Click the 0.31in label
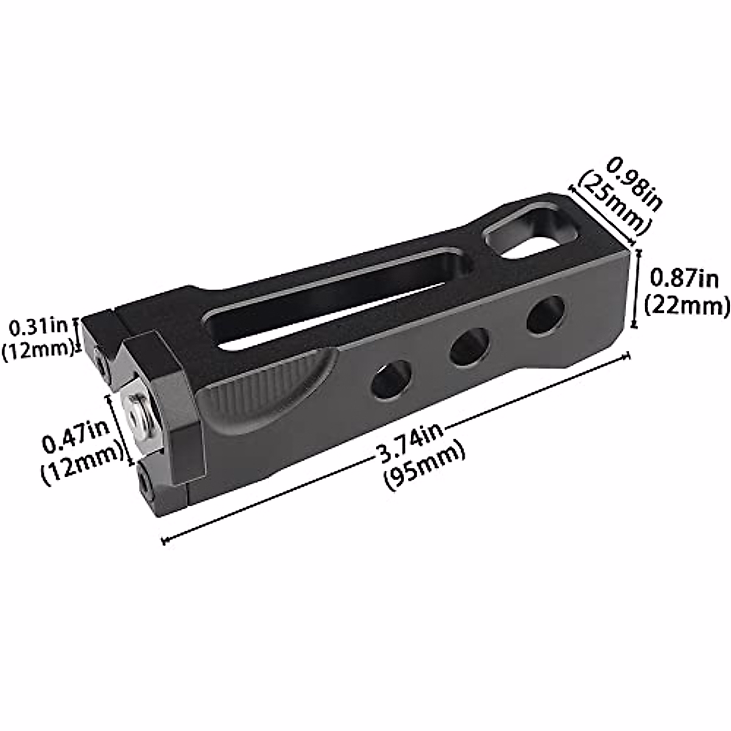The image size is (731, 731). (x=38, y=328)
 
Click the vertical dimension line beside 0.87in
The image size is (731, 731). (x=636, y=288)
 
